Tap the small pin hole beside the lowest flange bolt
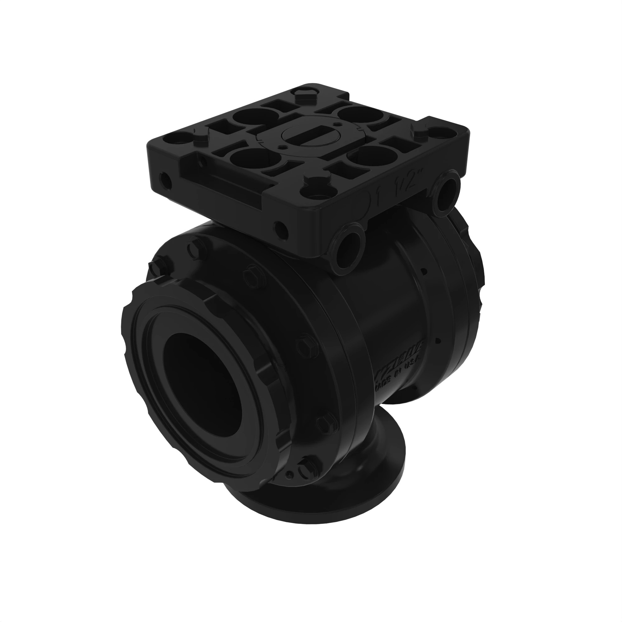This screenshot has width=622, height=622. click(290, 475)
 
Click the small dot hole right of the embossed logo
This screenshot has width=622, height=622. click(437, 340)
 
